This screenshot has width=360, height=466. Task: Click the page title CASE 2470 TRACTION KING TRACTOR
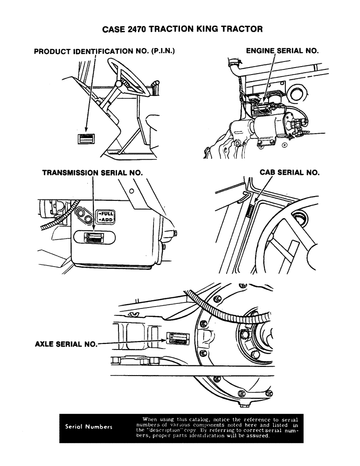click(182, 29)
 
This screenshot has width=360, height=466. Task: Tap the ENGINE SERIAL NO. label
click(282, 50)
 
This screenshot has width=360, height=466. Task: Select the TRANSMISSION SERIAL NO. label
click(92, 172)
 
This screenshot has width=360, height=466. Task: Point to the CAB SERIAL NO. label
click(289, 172)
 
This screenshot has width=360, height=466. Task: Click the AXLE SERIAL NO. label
click(66, 345)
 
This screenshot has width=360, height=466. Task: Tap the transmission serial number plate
click(95, 238)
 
